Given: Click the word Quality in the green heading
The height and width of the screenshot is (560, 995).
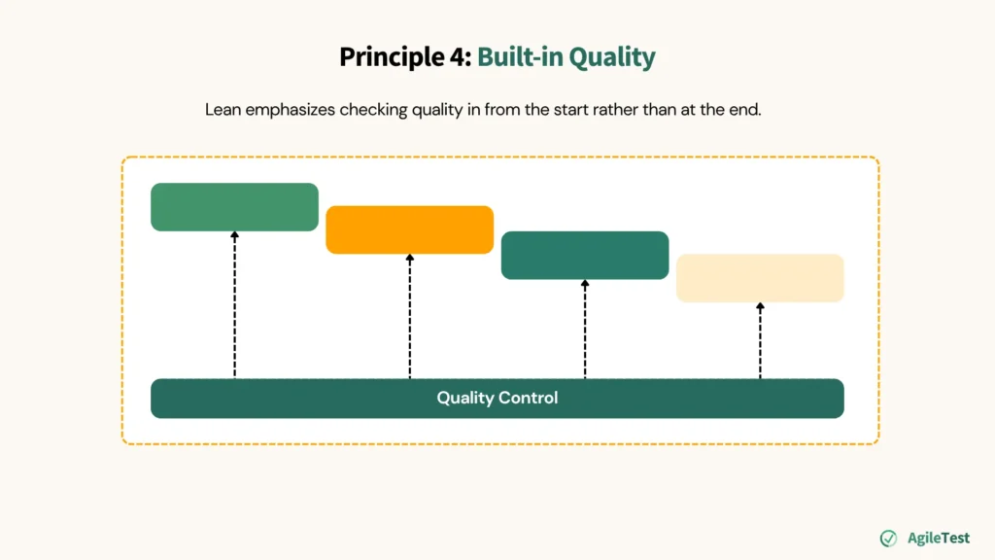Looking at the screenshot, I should point(612,57).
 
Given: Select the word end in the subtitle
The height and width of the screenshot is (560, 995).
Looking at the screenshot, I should point(744,110).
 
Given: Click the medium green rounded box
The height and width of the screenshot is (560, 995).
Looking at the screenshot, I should point(234,206).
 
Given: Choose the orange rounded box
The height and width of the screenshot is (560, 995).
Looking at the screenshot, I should point(409,229).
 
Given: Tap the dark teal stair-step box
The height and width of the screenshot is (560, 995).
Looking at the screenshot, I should point(584,255).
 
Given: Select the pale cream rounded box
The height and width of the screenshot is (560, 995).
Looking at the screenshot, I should point(760,277).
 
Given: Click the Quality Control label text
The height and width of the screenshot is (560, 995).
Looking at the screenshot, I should point(497,399).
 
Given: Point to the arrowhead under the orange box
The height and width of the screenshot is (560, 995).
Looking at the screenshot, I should point(409,259).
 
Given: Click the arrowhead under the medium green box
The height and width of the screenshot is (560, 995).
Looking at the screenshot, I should point(234,235).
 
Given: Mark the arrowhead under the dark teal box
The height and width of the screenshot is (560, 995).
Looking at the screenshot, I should point(584,284).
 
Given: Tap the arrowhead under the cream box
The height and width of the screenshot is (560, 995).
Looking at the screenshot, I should point(760,307).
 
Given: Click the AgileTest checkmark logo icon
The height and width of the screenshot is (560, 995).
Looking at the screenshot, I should point(888,538).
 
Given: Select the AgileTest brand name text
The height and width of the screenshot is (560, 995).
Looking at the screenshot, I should point(938,538).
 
